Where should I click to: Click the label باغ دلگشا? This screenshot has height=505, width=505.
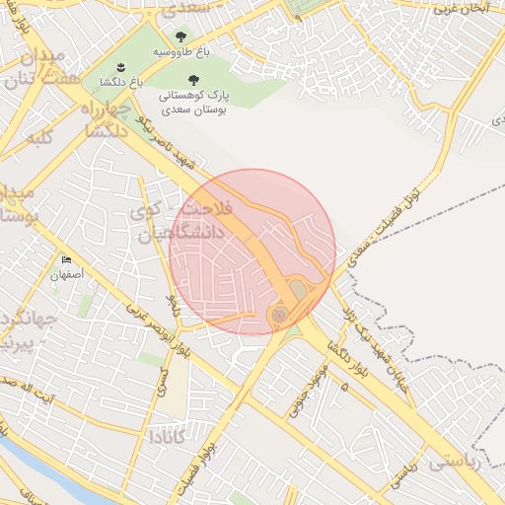[x=127, y=85]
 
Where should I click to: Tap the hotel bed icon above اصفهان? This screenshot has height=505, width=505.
[x=67, y=260]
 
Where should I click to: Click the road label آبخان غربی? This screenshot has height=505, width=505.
[x=468, y=7]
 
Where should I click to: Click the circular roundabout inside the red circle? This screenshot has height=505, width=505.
[x=279, y=315]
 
